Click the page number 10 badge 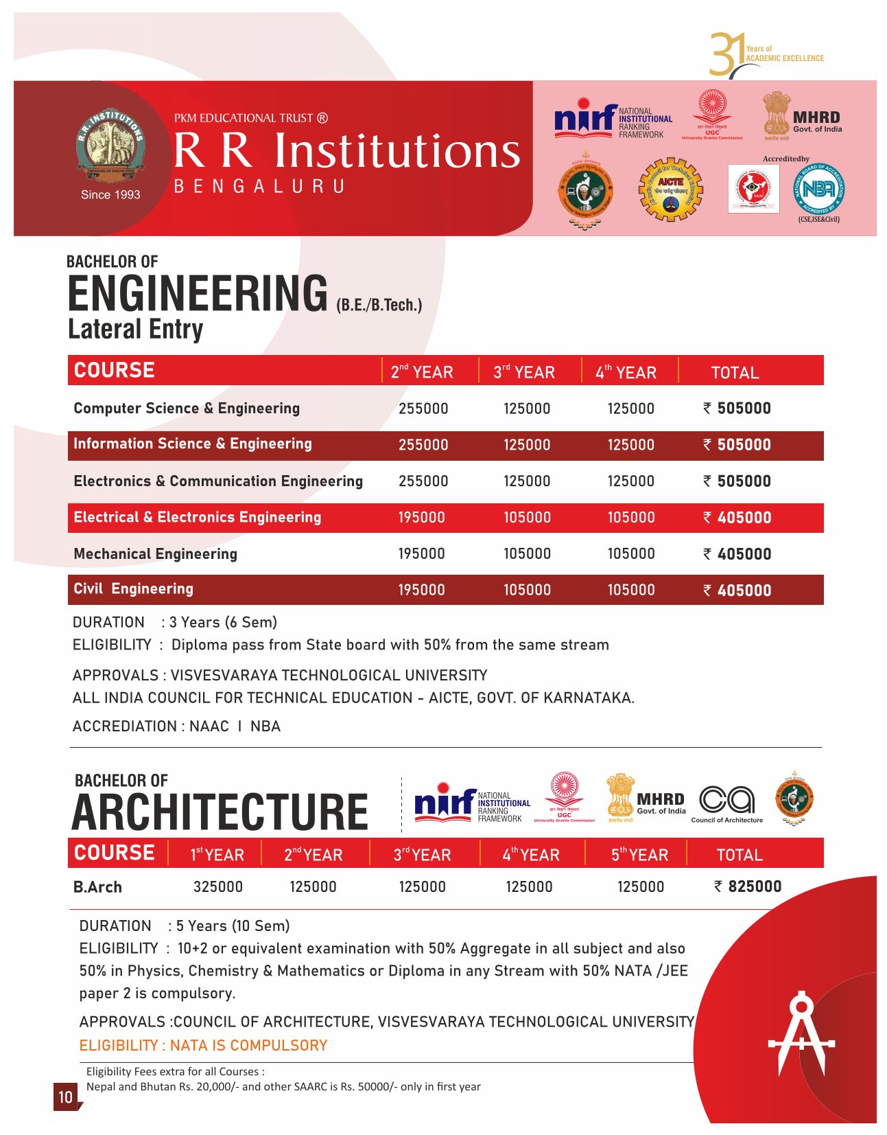[65, 1096]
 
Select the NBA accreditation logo [818, 189]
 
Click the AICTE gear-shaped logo [670, 189]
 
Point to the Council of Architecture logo [726, 803]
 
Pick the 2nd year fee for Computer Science [423, 409]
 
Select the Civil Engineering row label [133, 589]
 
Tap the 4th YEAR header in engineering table [626, 372]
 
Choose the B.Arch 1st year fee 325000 [218, 886]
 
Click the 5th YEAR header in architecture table [639, 855]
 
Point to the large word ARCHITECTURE [220, 812]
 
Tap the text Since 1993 [110, 194]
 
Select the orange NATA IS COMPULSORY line [203, 1045]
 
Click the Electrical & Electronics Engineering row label [197, 517]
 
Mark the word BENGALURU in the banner [259, 186]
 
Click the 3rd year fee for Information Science [527, 445]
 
